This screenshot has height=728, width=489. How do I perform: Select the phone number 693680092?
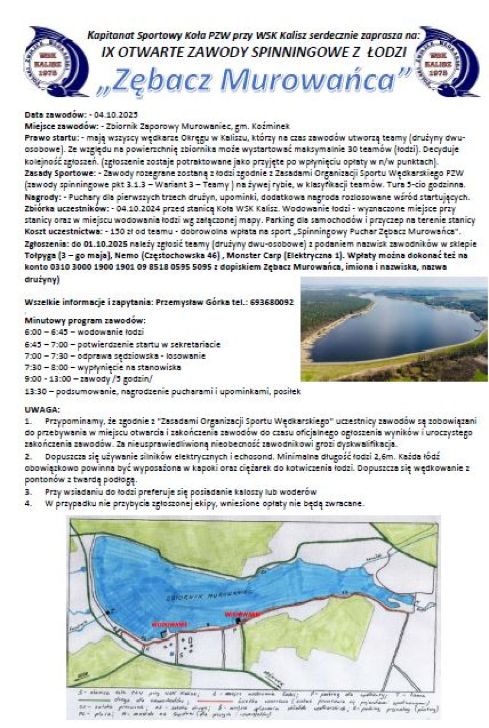point(271,302)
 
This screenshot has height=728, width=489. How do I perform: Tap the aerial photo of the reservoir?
point(394,329)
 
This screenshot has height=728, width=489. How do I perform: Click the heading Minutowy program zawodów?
point(85,321)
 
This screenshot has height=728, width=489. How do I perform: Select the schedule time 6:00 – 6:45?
point(43,332)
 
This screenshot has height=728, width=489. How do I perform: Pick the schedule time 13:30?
point(34,391)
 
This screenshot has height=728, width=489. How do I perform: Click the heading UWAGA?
point(42,409)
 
